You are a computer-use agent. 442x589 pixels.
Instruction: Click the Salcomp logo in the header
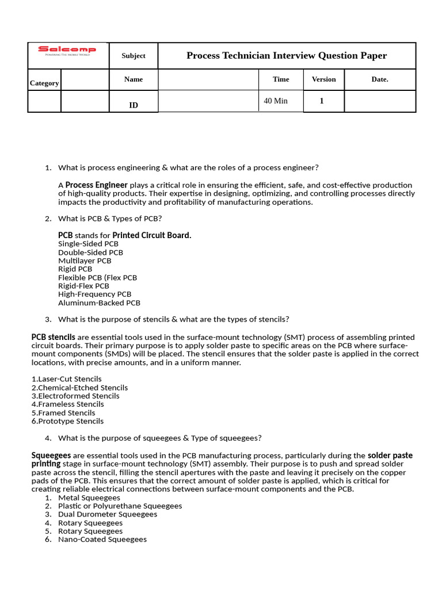67,51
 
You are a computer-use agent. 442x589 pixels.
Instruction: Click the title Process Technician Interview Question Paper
287,56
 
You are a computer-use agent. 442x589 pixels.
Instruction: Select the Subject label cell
134,56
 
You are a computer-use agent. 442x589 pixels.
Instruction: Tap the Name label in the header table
134,79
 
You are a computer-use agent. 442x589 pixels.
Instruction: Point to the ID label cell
134,105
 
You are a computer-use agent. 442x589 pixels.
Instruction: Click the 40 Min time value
276,101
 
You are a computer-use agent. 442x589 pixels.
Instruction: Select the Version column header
323,79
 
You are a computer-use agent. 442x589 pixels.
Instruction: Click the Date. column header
380,79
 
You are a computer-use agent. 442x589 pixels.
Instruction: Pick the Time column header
281,79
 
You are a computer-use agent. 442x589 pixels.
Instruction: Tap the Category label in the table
44,83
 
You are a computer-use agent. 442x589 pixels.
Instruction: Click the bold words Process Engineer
97,185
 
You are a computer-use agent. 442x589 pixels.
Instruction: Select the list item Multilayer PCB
85,261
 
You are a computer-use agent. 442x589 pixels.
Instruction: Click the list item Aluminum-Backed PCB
99,303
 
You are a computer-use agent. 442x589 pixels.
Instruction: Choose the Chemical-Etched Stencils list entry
79,388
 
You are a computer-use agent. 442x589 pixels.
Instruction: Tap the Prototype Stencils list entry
67,421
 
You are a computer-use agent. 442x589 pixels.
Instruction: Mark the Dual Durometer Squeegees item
108,514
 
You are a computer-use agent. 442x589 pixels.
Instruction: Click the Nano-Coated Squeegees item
102,540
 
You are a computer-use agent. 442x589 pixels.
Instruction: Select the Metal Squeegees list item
89,498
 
